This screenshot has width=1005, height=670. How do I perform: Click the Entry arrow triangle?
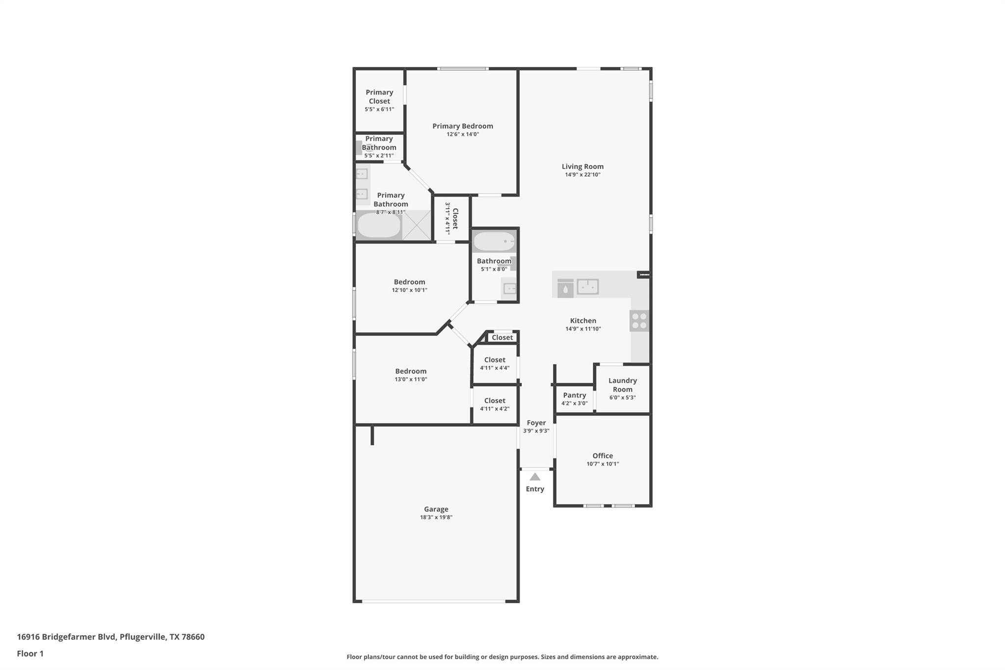pos(535,477)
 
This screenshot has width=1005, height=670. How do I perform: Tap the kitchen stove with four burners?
pos(639,321)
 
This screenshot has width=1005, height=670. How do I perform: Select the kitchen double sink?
pos(587,286)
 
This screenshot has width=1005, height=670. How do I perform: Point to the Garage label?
pos(436,509)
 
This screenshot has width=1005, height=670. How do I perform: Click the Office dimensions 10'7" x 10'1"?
pos(602,464)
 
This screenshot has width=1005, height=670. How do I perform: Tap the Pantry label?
pos(574,395)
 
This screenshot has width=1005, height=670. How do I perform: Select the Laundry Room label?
pos(622,385)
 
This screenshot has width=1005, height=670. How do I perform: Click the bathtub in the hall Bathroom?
pos(494,241)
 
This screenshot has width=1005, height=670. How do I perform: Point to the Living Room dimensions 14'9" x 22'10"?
pos(582,175)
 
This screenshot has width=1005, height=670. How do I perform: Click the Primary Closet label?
pos(379,97)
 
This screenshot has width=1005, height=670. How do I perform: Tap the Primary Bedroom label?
pos(462,126)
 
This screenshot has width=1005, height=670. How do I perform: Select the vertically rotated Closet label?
pos(455,218)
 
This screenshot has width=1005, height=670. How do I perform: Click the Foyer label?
pos(536,423)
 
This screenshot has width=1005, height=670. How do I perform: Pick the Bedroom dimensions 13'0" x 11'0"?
pos(411,379)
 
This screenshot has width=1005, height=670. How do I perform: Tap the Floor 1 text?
pos(30,653)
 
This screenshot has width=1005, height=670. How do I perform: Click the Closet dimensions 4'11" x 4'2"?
pos(494,409)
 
